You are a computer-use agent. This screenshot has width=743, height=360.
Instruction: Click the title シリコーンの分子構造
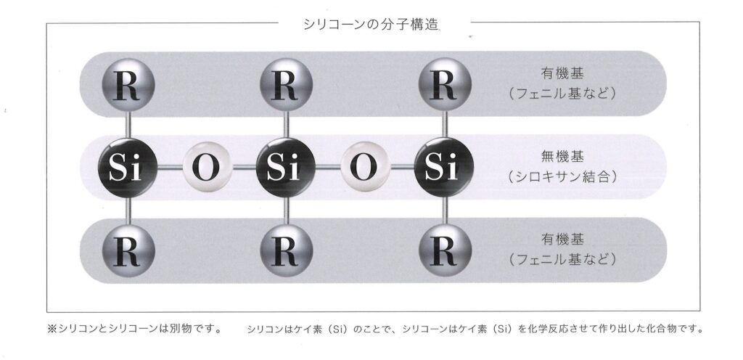(x=371, y=24)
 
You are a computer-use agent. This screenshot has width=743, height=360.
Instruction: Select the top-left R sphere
(x=128, y=85)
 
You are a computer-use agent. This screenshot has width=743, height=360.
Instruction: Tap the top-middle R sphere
(x=286, y=85)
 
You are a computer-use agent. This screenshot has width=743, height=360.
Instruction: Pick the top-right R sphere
(x=445, y=85)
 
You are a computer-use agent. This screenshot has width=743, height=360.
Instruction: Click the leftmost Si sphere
(x=128, y=167)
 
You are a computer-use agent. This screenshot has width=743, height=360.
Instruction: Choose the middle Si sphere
(x=286, y=167)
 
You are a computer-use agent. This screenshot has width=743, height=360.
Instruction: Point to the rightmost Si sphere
(x=444, y=167)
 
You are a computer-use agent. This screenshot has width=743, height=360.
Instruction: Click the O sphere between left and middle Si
(x=207, y=167)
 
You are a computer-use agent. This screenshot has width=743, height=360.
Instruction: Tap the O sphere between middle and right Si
(x=365, y=167)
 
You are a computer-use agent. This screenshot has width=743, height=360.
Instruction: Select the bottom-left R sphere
(x=128, y=250)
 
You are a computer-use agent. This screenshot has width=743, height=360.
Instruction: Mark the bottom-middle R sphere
(x=286, y=250)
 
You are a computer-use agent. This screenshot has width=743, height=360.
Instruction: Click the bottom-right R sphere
(x=445, y=250)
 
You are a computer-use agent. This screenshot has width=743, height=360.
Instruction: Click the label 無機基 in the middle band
(x=562, y=157)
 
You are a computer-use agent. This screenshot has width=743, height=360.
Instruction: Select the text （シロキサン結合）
(x=562, y=177)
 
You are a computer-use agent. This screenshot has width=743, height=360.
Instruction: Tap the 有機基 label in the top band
(x=562, y=73)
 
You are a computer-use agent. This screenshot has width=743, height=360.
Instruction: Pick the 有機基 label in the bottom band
(x=562, y=240)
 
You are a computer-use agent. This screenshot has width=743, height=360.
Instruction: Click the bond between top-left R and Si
(x=128, y=125)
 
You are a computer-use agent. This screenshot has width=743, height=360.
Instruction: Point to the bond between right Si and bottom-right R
(x=445, y=210)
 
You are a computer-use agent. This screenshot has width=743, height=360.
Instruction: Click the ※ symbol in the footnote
(x=52, y=328)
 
